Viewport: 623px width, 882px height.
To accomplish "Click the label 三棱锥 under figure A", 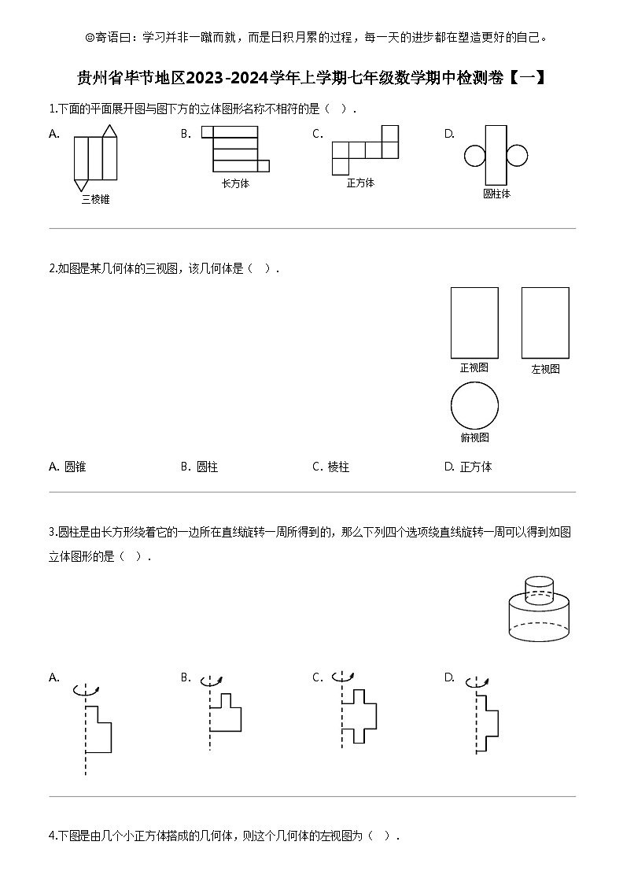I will [x=95, y=200].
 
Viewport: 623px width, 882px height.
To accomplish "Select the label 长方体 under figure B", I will [x=235, y=183].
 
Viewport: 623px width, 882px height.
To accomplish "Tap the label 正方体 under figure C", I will [x=360, y=183].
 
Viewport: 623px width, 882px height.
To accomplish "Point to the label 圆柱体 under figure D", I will [x=496, y=193].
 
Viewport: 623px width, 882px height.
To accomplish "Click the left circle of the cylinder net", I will [x=475, y=156].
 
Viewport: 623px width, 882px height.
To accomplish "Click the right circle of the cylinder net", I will [x=517, y=156].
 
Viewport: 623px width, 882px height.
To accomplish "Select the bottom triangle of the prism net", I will [x=81, y=185].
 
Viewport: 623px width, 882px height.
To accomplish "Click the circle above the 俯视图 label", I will [x=474, y=406].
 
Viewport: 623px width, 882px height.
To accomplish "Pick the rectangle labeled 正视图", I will [x=474, y=323].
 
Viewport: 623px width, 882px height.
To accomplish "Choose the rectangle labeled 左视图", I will [x=545, y=323].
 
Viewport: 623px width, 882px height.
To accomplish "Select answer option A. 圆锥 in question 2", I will [x=68, y=467].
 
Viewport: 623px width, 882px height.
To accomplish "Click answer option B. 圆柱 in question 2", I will [x=200, y=467].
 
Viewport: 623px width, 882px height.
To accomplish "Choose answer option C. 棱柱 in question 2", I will [x=331, y=467].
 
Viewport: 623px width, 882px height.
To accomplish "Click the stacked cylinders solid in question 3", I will [x=537, y=610].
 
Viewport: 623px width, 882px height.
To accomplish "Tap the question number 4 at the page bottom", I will [x=52, y=836].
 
